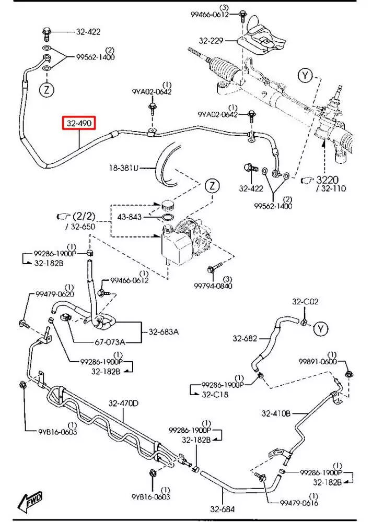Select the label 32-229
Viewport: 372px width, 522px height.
[x=211, y=40]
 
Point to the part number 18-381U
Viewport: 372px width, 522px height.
[x=124, y=168]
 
